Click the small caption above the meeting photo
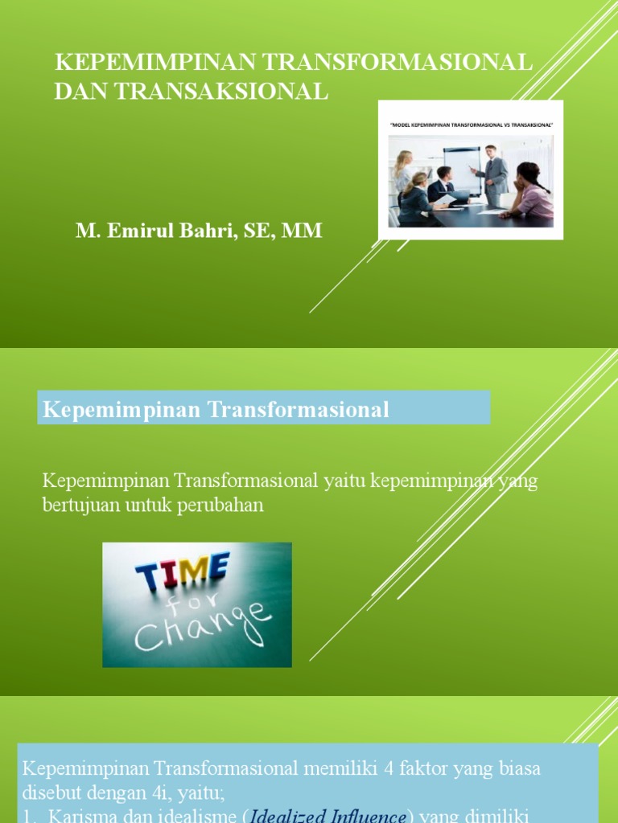(470, 125)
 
